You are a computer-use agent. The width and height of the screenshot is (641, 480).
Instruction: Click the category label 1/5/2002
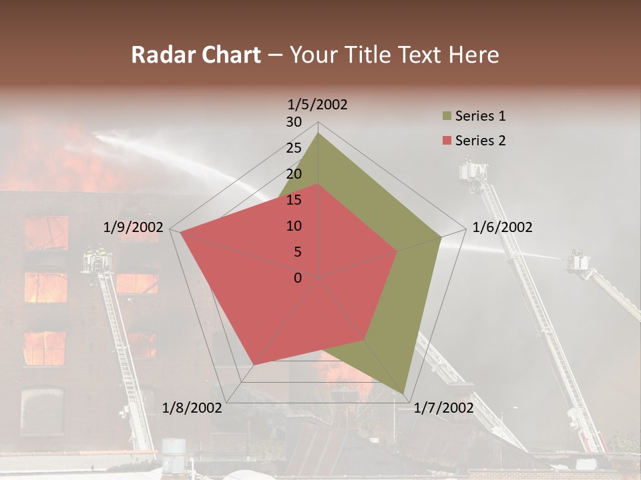(x=317, y=105)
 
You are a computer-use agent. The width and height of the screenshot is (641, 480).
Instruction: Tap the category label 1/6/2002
(x=502, y=227)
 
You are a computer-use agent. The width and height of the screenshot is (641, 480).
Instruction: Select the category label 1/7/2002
(x=443, y=407)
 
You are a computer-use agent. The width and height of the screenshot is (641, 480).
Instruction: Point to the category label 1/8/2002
(x=192, y=407)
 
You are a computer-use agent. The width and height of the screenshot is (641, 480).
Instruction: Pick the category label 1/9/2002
(x=133, y=227)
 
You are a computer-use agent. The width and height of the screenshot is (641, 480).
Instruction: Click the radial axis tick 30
(x=294, y=122)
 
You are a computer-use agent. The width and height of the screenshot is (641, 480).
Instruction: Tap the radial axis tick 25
(x=294, y=148)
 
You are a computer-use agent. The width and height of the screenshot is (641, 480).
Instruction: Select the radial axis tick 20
(x=294, y=174)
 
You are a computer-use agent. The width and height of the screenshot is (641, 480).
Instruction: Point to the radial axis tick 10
(x=294, y=226)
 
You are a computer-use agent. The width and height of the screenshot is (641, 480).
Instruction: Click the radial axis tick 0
(x=298, y=278)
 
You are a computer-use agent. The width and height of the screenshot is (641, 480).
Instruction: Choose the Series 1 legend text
(x=480, y=116)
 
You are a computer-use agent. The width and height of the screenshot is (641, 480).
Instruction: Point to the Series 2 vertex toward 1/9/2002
(x=180, y=232)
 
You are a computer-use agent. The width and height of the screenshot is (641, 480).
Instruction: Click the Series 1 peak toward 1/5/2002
(x=318, y=133)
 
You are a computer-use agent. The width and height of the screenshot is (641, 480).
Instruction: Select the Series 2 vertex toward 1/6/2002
(x=397, y=251)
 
